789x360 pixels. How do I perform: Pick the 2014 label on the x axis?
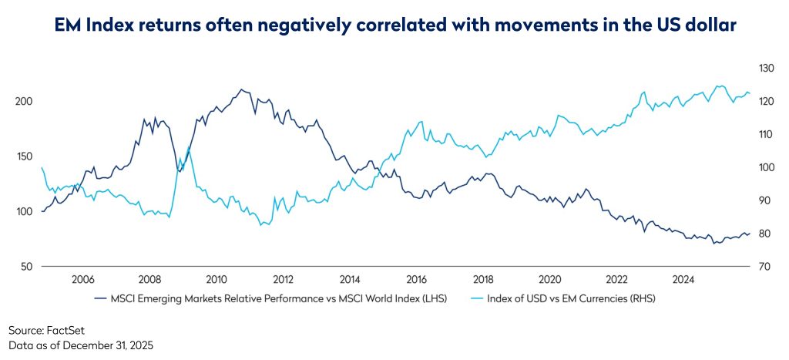[350, 279]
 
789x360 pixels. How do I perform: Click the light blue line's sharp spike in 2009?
[189, 147]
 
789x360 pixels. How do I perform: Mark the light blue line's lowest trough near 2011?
[264, 225]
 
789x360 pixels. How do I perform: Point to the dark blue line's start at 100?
[42, 211]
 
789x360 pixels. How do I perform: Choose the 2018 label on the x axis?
[483, 279]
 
